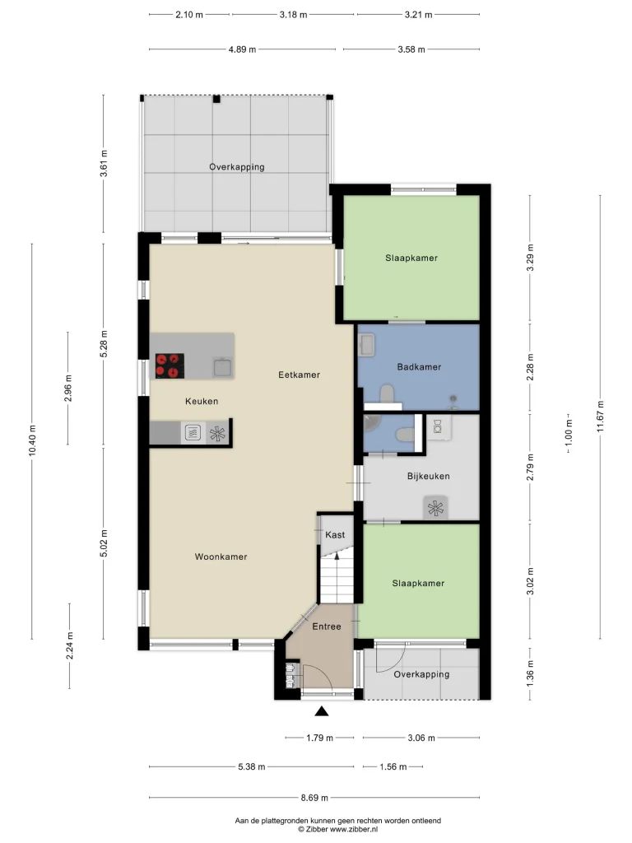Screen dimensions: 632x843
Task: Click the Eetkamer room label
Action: pyautogui.click(x=299, y=375)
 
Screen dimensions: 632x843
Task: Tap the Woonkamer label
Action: pyautogui.click(x=221, y=557)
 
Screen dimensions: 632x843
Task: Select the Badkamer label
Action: pyautogui.click(x=419, y=367)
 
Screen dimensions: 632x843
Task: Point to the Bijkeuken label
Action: pyautogui.click(x=428, y=477)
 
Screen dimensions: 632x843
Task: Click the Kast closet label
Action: pyautogui.click(x=335, y=535)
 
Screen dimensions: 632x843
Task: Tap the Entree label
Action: pyautogui.click(x=327, y=626)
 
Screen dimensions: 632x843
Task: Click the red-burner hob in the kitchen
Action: pyautogui.click(x=170, y=366)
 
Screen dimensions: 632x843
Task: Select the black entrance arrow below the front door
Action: pyautogui.click(x=322, y=711)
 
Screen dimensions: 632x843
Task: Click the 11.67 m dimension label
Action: pyautogui.click(x=600, y=416)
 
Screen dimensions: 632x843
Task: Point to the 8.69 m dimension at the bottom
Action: pyautogui.click(x=314, y=798)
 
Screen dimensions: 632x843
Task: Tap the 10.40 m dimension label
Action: pyautogui.click(x=32, y=441)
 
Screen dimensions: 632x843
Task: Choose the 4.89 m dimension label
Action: pyautogui.click(x=242, y=49)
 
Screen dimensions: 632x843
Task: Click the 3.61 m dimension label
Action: pyautogui.click(x=104, y=164)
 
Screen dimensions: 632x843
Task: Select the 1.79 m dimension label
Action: pyautogui.click(x=320, y=738)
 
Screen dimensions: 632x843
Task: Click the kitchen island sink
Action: pyautogui.click(x=222, y=366)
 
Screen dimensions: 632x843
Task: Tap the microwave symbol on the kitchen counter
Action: pyautogui.click(x=193, y=433)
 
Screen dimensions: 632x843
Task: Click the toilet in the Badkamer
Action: pyautogui.click(x=387, y=394)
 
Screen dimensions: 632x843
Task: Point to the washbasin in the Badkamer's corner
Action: pyautogui.click(x=367, y=345)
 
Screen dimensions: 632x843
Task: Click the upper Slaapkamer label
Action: pyautogui.click(x=411, y=258)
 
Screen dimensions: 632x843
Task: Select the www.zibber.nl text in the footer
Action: pyautogui.click(x=354, y=830)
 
